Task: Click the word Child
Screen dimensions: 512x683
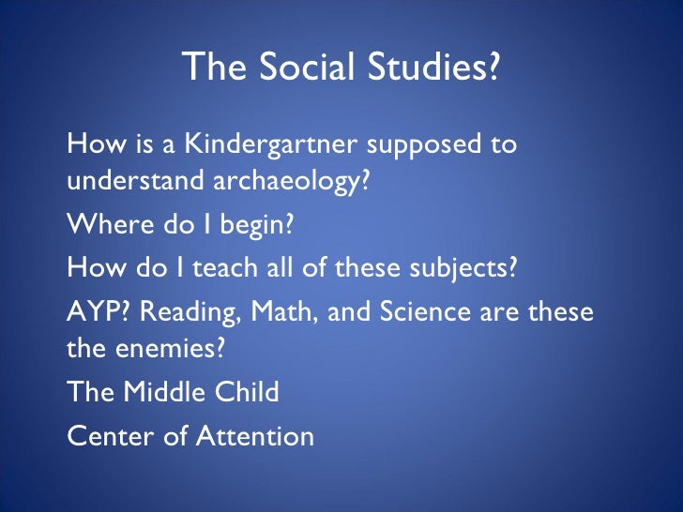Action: coord(252,391)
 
